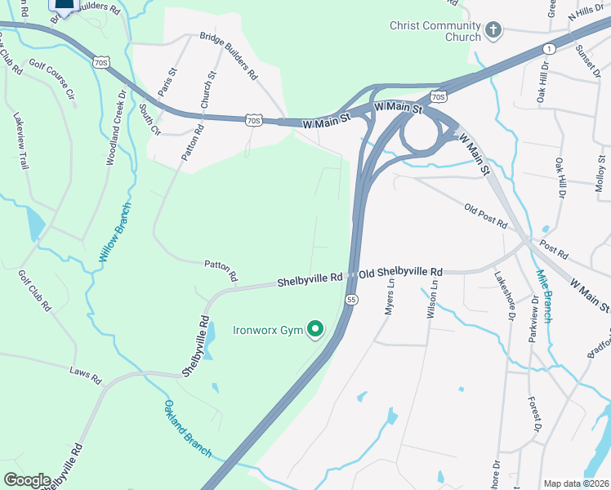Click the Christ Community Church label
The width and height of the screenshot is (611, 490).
click(435, 31)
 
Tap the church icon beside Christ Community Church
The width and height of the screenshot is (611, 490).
click(493, 31)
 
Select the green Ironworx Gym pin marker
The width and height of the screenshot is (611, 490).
click(314, 330)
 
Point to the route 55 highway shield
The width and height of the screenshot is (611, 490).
click(350, 300)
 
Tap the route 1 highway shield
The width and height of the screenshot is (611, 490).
click(549, 50)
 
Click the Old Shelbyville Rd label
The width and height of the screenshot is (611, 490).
click(401, 271)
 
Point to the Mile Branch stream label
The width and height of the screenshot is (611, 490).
click(543, 295)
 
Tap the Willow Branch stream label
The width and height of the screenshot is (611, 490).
click(114, 232)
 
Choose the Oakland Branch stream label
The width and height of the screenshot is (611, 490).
click(188, 428)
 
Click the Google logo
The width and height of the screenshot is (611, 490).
click(27, 480)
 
